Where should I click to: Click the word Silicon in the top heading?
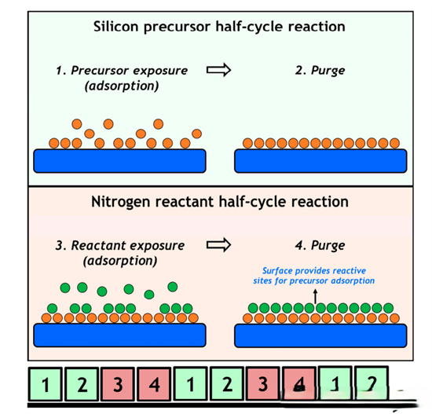click(115, 27)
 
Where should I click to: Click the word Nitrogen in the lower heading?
click(121, 202)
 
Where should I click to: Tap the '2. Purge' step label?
click(320, 71)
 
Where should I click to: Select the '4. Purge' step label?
click(320, 245)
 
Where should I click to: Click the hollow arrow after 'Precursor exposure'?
click(219, 70)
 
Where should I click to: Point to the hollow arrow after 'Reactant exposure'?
click(219, 245)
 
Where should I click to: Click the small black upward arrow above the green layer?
click(316, 296)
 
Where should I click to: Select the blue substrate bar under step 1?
click(119, 161)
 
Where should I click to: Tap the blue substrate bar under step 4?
click(320, 335)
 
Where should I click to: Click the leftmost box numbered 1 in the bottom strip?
click(46, 384)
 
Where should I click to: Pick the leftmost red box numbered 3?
click(118, 384)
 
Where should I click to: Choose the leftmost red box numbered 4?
click(154, 384)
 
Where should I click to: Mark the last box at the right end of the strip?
click(372, 383)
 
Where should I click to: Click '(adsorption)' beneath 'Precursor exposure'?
click(122, 86)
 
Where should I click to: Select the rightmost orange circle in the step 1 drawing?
click(196, 134)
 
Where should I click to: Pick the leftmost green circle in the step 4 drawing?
click(253, 308)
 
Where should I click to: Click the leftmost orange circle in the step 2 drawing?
click(247, 143)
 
